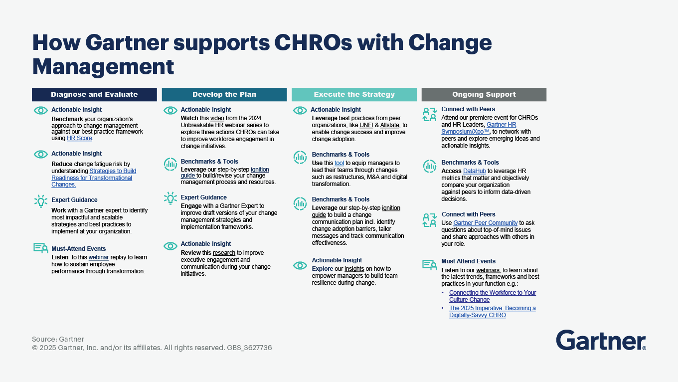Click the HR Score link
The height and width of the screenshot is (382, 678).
[79, 138]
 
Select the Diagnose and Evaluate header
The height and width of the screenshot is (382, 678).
[94, 94]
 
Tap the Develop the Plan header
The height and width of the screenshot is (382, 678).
[224, 94]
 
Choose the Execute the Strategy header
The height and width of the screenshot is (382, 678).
[354, 94]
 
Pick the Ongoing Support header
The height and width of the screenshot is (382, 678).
[484, 94]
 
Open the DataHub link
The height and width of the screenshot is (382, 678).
[474, 171]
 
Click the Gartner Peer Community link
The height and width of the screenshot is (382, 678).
[485, 223]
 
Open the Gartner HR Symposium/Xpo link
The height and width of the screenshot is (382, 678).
[479, 128]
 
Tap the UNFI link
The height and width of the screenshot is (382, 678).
[366, 125]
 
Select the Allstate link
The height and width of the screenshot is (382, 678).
[389, 125]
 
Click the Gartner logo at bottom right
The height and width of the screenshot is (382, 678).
[601, 340]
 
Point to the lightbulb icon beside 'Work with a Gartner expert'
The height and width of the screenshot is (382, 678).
[41, 201]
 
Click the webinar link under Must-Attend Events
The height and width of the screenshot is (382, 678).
[98, 257]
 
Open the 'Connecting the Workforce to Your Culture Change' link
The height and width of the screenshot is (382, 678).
[493, 296]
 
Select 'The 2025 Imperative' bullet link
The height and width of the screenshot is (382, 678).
[492, 312]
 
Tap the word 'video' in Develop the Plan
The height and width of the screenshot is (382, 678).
[217, 118]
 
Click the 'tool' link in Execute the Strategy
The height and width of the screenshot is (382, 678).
[339, 163]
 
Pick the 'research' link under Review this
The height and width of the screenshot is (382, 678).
[224, 253]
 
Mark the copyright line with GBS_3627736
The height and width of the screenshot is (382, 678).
[152, 348]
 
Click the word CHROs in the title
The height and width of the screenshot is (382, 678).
[313, 42]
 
